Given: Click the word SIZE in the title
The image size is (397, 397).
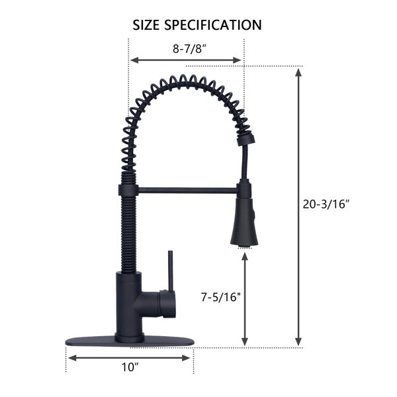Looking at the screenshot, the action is pos(146,25).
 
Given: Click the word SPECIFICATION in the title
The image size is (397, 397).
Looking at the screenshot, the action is pos(213,25).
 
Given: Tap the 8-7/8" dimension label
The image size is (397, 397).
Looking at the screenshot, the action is pos(190,48).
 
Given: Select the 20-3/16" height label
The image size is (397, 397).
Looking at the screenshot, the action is pos(326,204).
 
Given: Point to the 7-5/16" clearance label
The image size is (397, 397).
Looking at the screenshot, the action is pos(220,297).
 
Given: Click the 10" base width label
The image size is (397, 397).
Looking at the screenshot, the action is pos(130,367).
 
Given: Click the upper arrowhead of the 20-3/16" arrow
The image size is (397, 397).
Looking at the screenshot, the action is pos(298,73).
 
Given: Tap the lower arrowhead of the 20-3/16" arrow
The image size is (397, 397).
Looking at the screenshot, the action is pos(298,341).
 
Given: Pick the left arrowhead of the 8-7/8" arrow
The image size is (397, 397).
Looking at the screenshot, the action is pos(134,60).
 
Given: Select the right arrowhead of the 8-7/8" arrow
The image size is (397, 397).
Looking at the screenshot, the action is pos(236,60).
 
